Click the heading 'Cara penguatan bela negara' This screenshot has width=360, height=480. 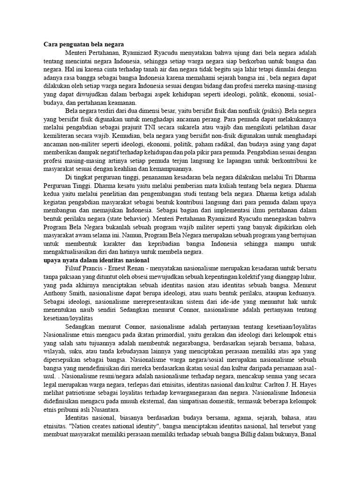84,44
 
